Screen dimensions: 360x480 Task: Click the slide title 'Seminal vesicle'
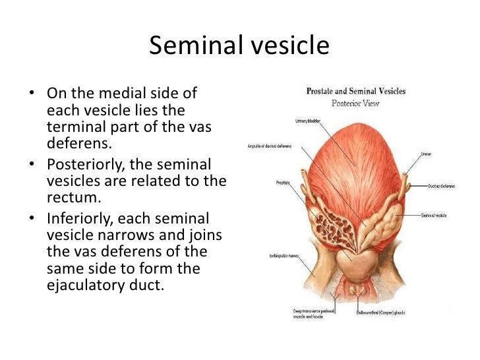[x=239, y=45]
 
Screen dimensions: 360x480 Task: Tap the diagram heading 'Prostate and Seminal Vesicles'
[x=355, y=91]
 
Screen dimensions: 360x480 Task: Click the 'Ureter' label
[x=426, y=154]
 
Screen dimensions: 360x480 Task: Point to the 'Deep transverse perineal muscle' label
[x=312, y=313]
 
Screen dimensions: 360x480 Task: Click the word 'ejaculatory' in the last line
[x=89, y=287]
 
